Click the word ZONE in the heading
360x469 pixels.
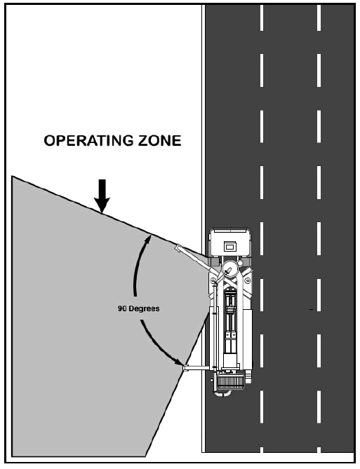click(x=159, y=141)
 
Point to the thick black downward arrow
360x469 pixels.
click(x=102, y=196)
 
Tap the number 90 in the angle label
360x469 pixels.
click(x=121, y=308)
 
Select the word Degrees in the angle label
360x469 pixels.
click(x=143, y=308)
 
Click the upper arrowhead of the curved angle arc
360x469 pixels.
click(x=148, y=240)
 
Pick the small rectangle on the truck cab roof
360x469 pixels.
click(x=229, y=247)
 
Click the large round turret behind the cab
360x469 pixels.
click(x=230, y=270)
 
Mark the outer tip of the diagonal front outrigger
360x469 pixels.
click(x=178, y=247)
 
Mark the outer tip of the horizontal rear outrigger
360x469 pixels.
click(x=184, y=368)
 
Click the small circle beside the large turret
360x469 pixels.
click(x=240, y=264)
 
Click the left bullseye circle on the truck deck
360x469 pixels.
click(x=213, y=280)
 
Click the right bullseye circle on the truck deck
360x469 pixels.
click(x=248, y=280)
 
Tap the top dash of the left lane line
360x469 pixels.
click(x=262, y=18)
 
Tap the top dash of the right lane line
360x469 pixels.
click(x=319, y=18)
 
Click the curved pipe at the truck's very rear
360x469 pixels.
click(x=223, y=393)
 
